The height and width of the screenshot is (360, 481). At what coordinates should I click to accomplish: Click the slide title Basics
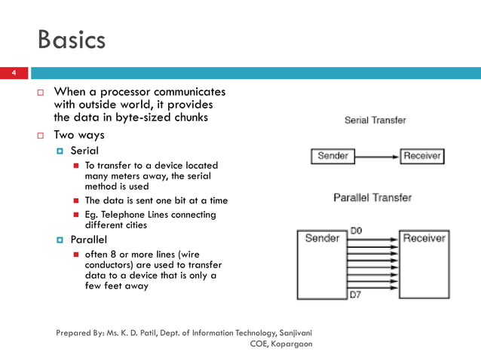(72, 39)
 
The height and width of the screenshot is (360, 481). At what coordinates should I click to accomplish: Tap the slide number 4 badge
(13, 73)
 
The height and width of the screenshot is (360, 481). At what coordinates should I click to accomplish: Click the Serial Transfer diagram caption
(375, 120)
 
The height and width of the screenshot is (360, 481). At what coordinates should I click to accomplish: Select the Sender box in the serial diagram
(332, 157)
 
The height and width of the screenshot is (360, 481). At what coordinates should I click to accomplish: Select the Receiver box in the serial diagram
(422, 157)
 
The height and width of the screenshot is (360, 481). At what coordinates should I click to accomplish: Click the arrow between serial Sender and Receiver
(377, 157)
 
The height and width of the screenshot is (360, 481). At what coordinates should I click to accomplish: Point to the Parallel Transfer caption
(372, 197)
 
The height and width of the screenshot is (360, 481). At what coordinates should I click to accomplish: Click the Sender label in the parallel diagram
(322, 238)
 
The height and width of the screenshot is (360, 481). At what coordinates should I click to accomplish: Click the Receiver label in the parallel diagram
(424, 238)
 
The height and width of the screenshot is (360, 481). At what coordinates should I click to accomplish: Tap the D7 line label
(356, 294)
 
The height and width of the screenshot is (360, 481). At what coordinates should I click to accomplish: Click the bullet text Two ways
(78, 136)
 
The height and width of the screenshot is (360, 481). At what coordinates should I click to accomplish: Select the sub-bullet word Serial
(84, 151)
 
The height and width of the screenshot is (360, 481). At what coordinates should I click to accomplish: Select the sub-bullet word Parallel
(88, 239)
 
